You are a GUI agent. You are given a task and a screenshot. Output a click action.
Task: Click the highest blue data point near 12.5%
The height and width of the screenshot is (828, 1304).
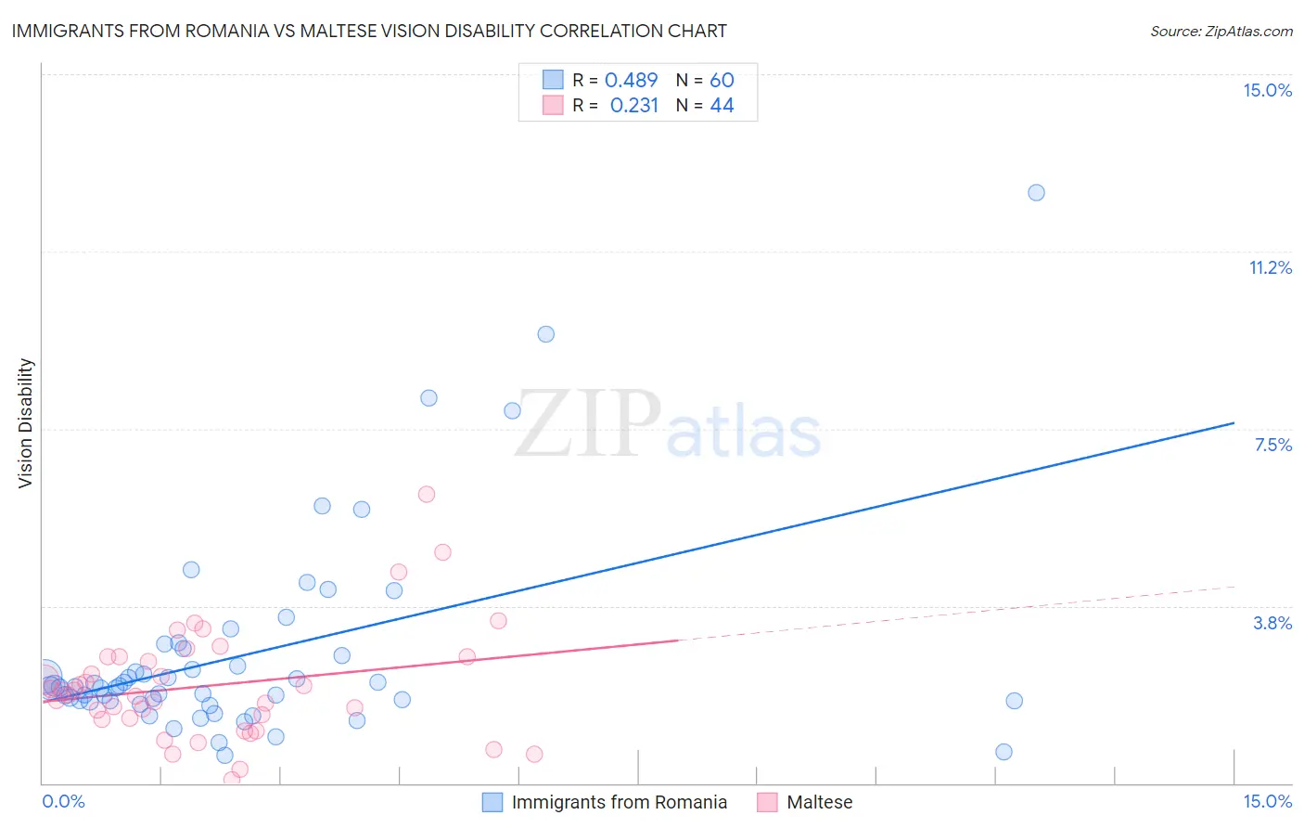click(x=1036, y=193)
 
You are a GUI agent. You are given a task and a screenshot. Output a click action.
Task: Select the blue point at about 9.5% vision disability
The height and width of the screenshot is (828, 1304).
click(x=546, y=334)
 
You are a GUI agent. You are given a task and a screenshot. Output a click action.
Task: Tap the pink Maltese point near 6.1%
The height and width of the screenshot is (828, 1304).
click(x=427, y=494)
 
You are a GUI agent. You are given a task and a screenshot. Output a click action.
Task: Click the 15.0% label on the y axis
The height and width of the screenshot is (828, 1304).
click(x=1267, y=90)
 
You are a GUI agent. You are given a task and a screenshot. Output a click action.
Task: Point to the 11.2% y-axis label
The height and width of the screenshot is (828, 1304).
click(x=1270, y=267)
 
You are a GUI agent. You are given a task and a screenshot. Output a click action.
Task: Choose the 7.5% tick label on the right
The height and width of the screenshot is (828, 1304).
click(x=1272, y=445)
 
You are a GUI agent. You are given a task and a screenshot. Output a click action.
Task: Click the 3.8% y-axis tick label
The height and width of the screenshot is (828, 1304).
click(x=1272, y=623)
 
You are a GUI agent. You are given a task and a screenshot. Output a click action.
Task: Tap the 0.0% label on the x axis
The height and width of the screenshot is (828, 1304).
click(x=63, y=801)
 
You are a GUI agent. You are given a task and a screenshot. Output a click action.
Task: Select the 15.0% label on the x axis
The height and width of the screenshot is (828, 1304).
click(x=1267, y=801)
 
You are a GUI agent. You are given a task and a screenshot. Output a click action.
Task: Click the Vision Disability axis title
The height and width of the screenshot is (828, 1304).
click(x=26, y=423)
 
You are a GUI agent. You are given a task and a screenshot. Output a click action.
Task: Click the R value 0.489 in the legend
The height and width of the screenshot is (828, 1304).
click(x=631, y=81)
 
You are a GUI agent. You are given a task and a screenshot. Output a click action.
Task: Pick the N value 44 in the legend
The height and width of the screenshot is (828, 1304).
click(x=722, y=106)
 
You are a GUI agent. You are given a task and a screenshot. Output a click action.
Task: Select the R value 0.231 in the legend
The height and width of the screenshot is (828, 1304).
click(x=633, y=106)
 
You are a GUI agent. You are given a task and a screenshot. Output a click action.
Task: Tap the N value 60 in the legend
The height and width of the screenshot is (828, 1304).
click(x=722, y=81)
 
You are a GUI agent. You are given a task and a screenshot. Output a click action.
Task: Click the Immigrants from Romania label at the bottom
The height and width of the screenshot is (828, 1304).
click(x=619, y=802)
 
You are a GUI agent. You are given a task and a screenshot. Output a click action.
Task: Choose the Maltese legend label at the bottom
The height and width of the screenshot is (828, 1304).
click(x=819, y=802)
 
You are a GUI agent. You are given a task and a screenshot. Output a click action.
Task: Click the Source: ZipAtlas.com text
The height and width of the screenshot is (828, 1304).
click(x=1221, y=31)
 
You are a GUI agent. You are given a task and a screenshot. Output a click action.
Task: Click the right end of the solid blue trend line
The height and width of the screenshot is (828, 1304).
click(x=1234, y=423)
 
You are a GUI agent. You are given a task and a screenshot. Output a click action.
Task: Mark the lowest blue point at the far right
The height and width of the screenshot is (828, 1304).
click(x=1004, y=752)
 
